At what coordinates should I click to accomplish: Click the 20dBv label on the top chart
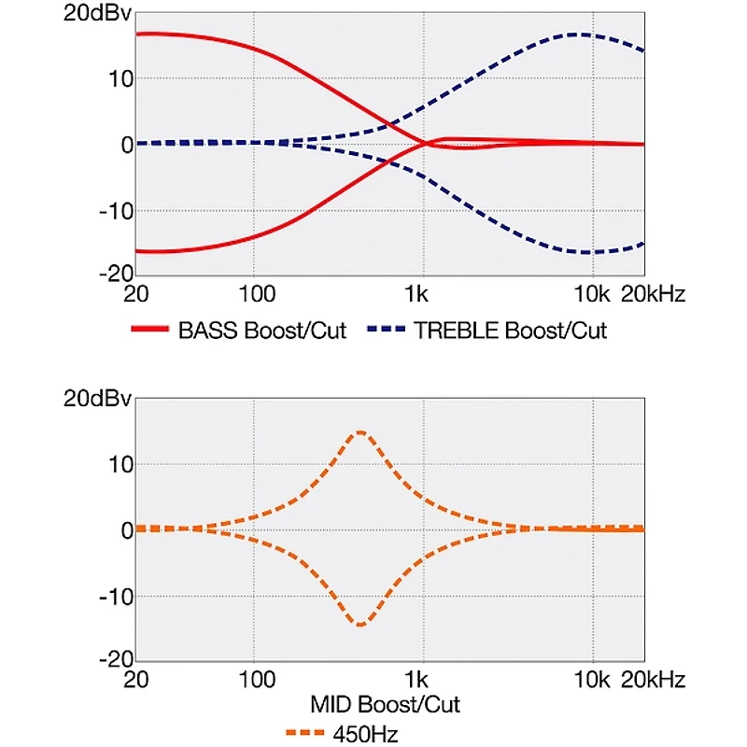(x=97, y=13)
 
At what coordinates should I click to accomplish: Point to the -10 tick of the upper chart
(x=116, y=211)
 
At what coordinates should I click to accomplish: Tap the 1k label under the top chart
(x=416, y=294)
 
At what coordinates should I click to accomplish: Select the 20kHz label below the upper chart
(x=653, y=294)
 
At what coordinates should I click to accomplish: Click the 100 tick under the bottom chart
(x=257, y=679)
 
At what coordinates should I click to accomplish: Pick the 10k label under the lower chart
(x=592, y=679)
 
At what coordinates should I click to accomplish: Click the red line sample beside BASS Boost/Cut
(x=150, y=329)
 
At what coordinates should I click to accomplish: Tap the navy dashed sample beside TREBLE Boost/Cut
(x=387, y=329)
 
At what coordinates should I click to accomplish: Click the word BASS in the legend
(x=207, y=331)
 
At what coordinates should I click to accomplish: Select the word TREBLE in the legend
(x=457, y=331)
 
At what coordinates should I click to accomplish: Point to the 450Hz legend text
(x=365, y=734)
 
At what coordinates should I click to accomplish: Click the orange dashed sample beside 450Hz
(x=305, y=733)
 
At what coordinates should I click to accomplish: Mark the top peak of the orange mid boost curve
(x=360, y=432)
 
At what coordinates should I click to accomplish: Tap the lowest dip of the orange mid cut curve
(x=360, y=625)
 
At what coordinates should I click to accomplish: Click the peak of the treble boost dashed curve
(x=576, y=35)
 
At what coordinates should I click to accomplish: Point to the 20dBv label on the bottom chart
(x=97, y=399)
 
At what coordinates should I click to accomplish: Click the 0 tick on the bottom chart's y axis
(x=127, y=530)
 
